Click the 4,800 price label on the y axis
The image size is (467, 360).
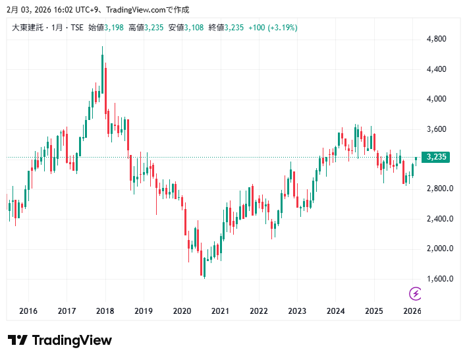(x=437, y=39)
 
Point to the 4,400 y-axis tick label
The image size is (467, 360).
(x=437, y=69)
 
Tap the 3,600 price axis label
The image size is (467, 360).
(x=437, y=129)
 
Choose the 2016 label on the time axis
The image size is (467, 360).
(x=28, y=311)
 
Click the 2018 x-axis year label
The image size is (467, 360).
(x=105, y=311)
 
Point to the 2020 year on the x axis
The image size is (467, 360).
(x=182, y=311)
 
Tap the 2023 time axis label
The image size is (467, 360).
(x=297, y=311)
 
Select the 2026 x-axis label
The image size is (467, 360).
(x=412, y=311)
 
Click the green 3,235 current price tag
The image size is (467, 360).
(x=437, y=157)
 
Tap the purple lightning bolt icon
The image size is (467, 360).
(x=416, y=293)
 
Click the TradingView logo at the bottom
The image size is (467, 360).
(x=60, y=340)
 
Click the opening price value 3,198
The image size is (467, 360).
(x=114, y=28)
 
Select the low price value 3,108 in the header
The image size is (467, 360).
(x=195, y=28)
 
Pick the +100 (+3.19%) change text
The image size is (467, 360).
(x=273, y=28)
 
